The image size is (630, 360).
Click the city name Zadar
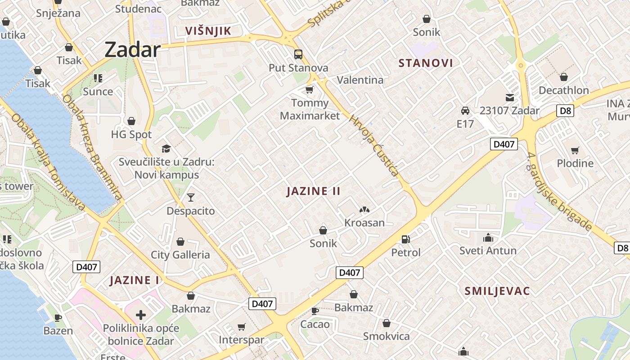tap(132, 49)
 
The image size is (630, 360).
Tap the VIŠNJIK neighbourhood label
tap(208, 31)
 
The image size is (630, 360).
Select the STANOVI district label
tap(426, 63)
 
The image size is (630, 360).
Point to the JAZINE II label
tap(314, 191)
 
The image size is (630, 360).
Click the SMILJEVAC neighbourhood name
tap(497, 291)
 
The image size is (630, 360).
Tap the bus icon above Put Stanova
tap(298, 54)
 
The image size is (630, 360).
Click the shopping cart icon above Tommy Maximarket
tap(309, 90)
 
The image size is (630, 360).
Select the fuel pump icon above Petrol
tap(405, 239)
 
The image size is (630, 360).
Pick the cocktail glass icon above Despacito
tap(191, 198)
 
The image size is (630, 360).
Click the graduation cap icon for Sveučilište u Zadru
tap(166, 148)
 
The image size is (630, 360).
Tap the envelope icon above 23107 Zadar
tap(509, 97)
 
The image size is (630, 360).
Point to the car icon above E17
tap(465, 110)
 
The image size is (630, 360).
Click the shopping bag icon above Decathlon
tap(563, 77)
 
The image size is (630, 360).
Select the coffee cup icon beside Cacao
tap(315, 311)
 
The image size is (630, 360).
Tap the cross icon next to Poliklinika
tap(141, 315)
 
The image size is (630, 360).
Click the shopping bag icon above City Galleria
tap(180, 242)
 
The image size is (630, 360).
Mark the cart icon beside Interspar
tap(242, 327)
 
